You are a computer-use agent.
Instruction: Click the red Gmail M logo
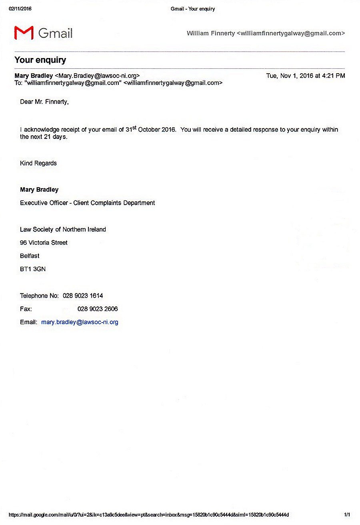click(x=24, y=33)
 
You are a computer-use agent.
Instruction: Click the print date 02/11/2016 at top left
click(x=20, y=9)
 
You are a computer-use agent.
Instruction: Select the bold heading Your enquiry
click(x=40, y=60)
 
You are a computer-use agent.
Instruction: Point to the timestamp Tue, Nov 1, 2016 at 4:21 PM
click(x=305, y=76)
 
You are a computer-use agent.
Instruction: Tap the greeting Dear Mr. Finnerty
click(x=44, y=102)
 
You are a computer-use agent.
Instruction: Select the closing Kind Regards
click(x=38, y=163)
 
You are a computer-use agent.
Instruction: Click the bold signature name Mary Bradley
click(x=39, y=190)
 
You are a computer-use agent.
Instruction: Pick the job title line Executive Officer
click(x=87, y=203)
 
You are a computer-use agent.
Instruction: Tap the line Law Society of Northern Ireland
click(x=63, y=229)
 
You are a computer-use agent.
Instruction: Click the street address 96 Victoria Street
click(x=44, y=242)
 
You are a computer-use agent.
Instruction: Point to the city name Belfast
click(x=30, y=256)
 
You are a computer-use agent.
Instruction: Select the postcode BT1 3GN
click(x=33, y=269)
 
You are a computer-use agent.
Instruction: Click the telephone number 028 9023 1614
click(x=83, y=296)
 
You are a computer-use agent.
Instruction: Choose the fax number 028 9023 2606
click(x=98, y=309)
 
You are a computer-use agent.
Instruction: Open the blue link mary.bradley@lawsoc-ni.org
click(x=80, y=322)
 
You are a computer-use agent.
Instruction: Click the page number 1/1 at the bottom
click(x=347, y=515)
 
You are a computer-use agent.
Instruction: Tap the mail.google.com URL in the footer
click(x=148, y=515)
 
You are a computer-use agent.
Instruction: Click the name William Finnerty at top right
click(x=211, y=33)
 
